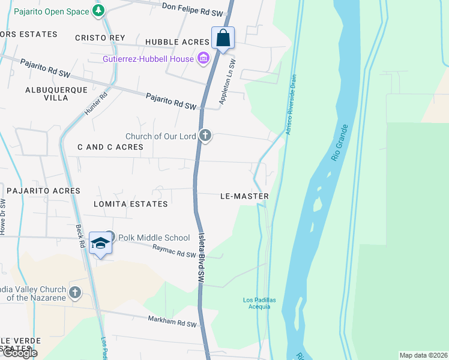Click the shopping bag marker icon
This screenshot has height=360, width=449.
[223, 38]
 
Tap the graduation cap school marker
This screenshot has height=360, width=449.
[101, 242]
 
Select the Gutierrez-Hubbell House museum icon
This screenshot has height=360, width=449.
[203, 58]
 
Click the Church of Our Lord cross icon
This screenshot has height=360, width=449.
[205, 136]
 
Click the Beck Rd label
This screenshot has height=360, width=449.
[79, 236]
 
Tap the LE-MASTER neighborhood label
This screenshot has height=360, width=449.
[244, 196]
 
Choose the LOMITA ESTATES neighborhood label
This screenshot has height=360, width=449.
[131, 204]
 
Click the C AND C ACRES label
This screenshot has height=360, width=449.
[110, 147]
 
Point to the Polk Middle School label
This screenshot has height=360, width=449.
[154, 238]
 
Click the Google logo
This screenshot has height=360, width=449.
[20, 353]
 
